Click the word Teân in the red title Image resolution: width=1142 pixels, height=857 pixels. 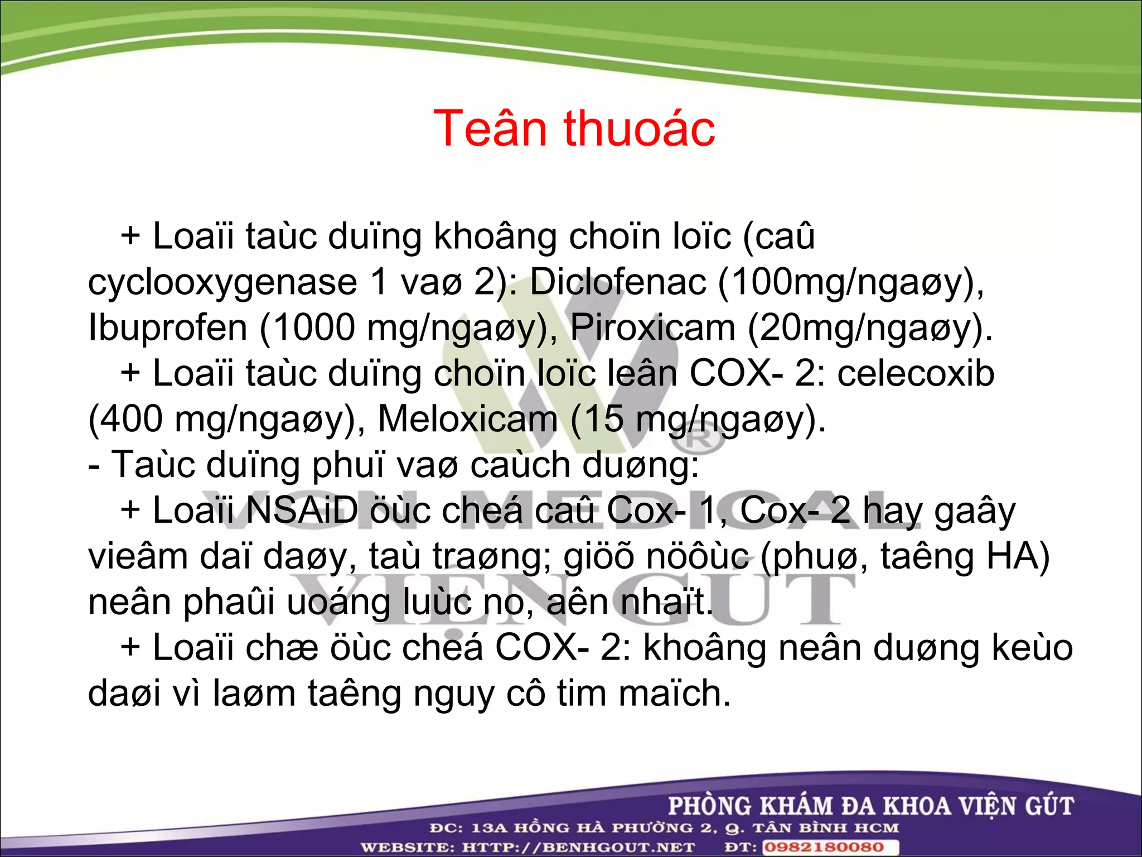[489, 129]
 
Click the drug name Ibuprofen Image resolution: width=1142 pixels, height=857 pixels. [167, 328]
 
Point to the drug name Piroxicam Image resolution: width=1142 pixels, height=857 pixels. [652, 328]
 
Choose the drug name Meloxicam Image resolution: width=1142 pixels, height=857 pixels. [467, 419]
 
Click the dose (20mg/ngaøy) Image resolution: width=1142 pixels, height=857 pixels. [869, 328]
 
